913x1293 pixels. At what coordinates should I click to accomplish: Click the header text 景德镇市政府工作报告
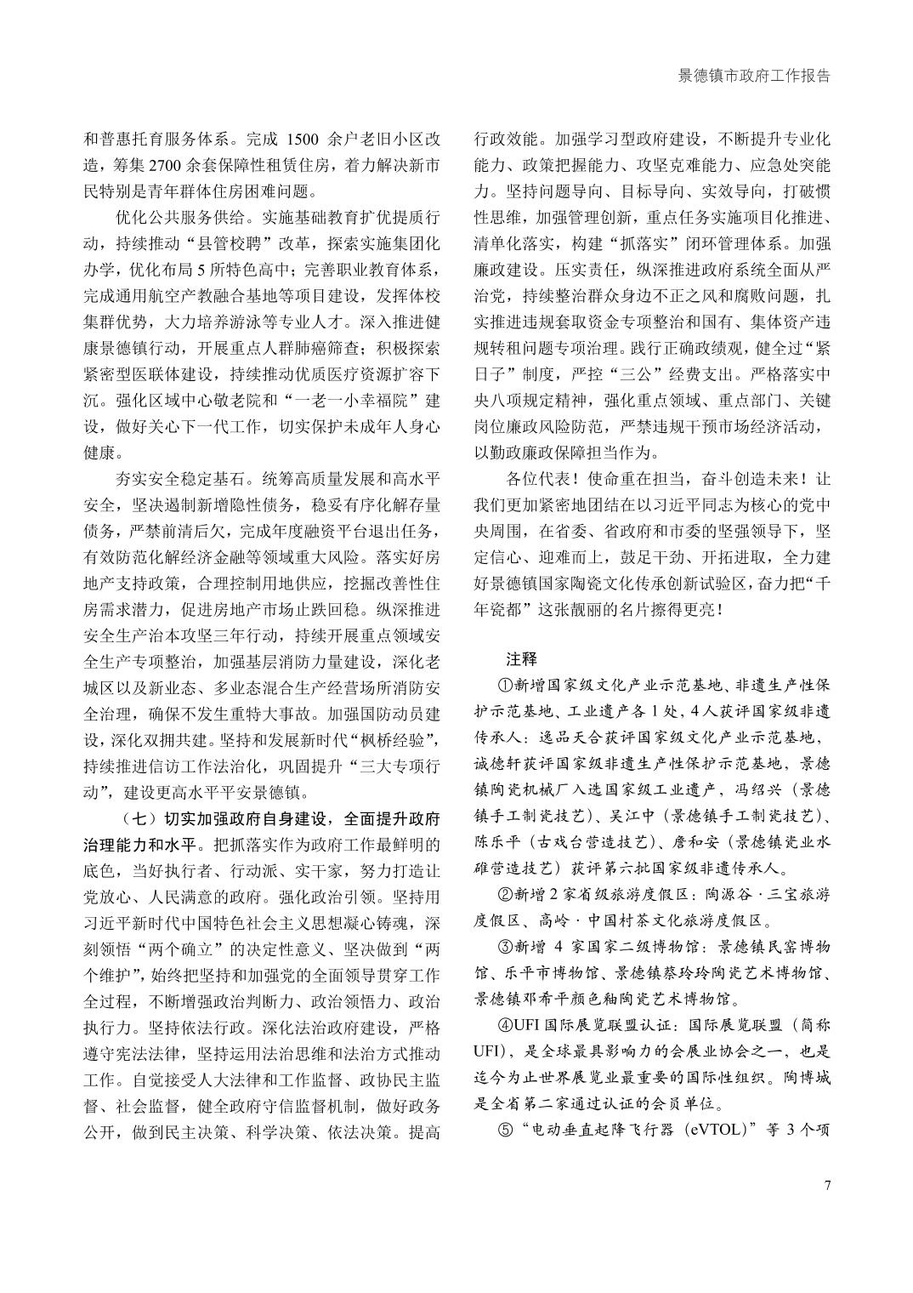click(753, 76)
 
